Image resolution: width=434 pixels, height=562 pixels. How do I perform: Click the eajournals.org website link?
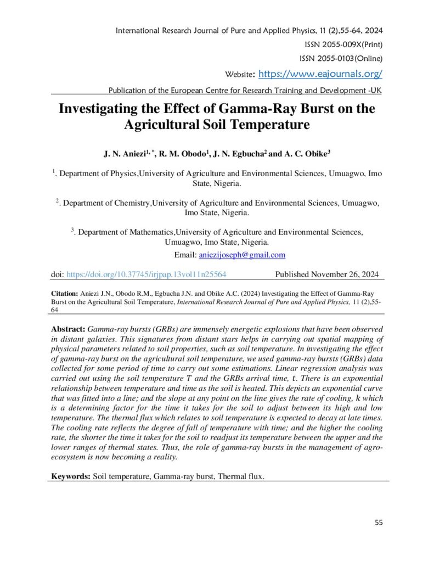point(320,74)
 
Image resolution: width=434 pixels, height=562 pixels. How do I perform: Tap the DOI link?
point(146,274)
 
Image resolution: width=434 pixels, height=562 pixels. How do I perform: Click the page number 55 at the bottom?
point(379,522)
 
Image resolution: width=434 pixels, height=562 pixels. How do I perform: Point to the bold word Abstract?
point(69,329)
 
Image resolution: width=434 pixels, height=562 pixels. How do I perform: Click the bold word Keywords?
point(71,476)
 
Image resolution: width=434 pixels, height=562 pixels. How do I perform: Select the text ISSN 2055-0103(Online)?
point(341,59)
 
